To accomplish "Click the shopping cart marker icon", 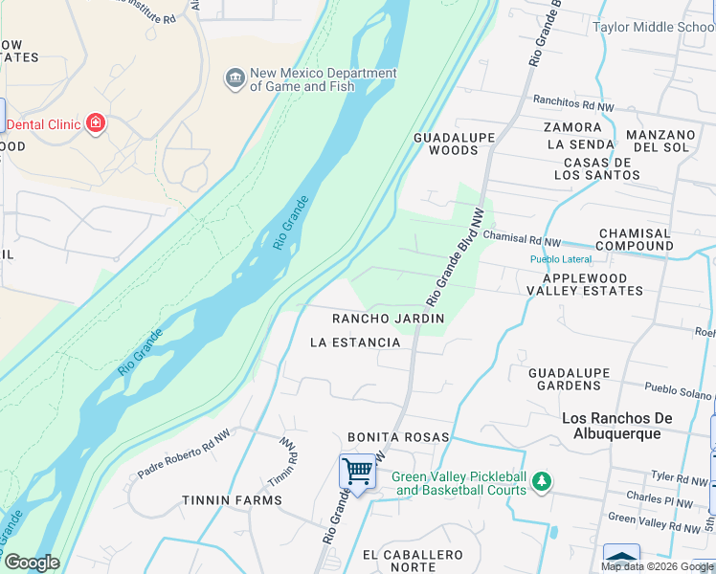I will [357, 472].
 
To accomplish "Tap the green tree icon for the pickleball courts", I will [542, 481].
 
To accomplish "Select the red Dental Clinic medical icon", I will [95, 122].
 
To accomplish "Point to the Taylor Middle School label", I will [653, 27].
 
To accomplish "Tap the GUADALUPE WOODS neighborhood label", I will [454, 143].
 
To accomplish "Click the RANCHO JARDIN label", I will [388, 318].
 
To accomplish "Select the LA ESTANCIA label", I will [355, 342].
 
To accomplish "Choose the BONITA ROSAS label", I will [398, 437].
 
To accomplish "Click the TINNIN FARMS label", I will [233, 500].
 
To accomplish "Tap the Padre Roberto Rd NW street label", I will [184, 457].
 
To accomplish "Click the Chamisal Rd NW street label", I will [523, 235].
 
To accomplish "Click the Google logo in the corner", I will [32, 563].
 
